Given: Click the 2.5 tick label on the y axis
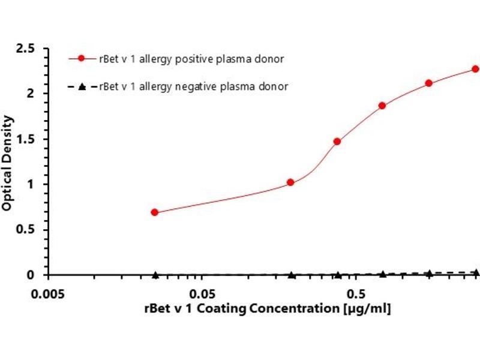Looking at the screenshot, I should tap(26, 48).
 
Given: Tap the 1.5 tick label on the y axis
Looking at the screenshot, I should tap(26, 139).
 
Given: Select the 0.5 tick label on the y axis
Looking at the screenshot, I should tap(26, 230).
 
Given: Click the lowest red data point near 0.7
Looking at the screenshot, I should tap(155, 212).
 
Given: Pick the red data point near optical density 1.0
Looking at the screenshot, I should tap(291, 182).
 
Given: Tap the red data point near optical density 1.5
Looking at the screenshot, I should tap(337, 142).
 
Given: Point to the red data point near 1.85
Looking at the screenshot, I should tap(382, 106).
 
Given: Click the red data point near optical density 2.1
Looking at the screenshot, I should tap(429, 83).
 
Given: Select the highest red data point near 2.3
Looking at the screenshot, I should tap(475, 69).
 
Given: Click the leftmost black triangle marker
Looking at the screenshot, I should tap(155, 275).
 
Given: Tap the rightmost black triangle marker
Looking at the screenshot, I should tap(476, 272).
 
